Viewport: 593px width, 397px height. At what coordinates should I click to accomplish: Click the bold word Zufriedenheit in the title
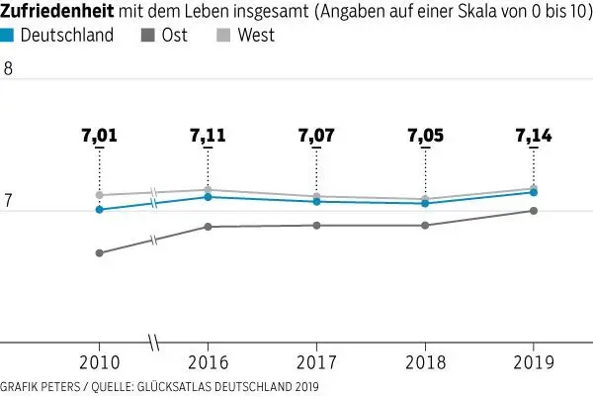(56, 12)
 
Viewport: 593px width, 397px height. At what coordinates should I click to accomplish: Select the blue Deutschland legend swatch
(8, 35)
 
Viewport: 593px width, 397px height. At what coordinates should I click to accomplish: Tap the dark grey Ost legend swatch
(148, 35)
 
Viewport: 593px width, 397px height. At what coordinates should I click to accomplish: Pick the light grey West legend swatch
(224, 35)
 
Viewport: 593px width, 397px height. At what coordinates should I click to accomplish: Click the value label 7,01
(99, 137)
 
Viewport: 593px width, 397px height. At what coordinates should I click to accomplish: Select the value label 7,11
(208, 137)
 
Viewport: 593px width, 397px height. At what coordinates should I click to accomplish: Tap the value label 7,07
(316, 137)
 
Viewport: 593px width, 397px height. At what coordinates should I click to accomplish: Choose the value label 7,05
(425, 137)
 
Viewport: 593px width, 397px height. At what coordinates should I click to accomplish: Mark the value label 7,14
(534, 137)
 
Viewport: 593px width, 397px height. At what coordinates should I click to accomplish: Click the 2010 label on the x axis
(99, 362)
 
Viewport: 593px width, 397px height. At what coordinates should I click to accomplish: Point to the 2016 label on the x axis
(208, 362)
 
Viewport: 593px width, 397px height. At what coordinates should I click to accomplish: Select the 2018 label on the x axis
(425, 362)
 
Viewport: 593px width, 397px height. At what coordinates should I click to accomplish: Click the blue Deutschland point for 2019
(534, 192)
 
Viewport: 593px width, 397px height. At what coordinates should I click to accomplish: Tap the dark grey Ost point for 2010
(99, 253)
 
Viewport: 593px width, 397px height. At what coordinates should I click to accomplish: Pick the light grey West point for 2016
(208, 189)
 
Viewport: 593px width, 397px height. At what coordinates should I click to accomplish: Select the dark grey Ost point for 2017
(316, 226)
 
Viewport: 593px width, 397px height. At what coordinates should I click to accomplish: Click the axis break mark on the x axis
(153, 343)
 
